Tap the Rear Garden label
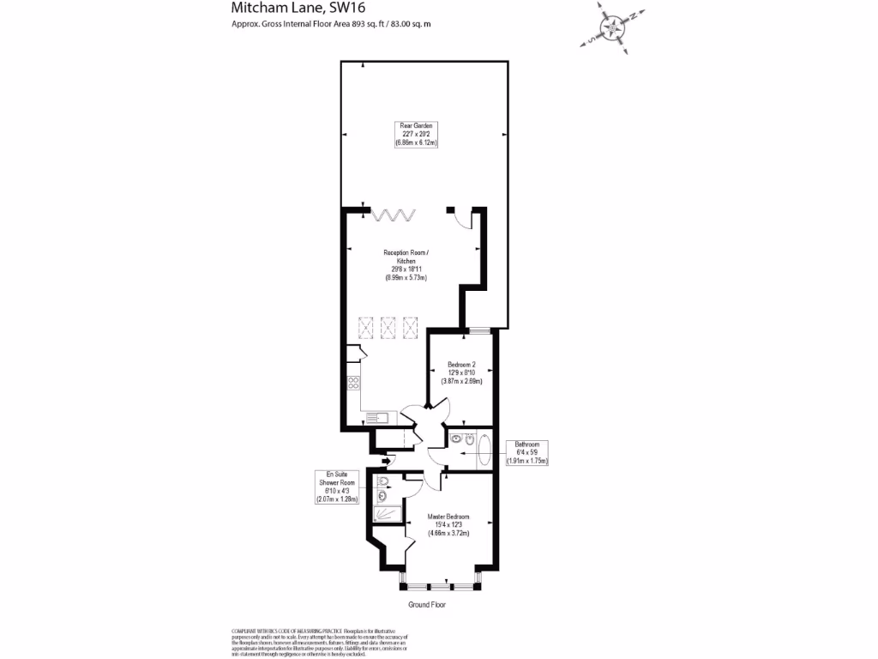coord(417,135)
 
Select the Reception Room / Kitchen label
coord(406,265)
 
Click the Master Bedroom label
coord(451,524)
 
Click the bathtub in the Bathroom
coord(483,450)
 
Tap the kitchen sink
coord(376,418)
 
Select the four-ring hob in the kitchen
coord(352,384)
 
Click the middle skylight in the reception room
coord(388,326)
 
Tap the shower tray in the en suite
coord(386,513)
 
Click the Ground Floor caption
coord(426,604)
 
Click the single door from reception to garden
coord(464,219)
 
